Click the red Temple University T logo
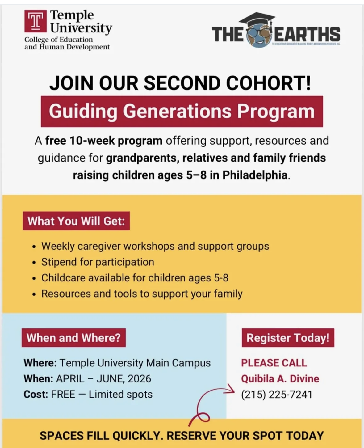[x=36, y=21]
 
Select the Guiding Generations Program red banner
[x=182, y=111]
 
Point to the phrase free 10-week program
[x=104, y=141]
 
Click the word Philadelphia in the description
[x=255, y=175]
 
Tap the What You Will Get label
[x=76, y=221]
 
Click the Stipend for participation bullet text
[x=98, y=262]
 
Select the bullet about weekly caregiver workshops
[x=155, y=246]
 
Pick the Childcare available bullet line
[x=135, y=278]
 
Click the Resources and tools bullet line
[x=142, y=294]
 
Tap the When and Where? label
[x=73, y=338]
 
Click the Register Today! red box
[x=288, y=338]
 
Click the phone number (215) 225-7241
[x=277, y=395]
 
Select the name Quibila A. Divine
[x=280, y=379]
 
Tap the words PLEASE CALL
[x=274, y=363]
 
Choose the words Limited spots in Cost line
[x=121, y=395]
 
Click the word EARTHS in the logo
[x=307, y=34]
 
